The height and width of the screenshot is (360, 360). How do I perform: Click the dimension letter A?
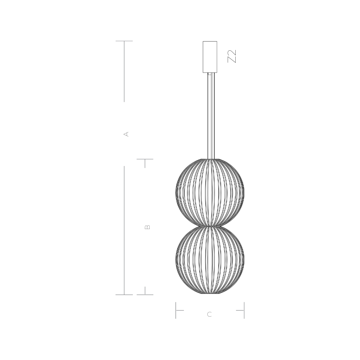[126, 134]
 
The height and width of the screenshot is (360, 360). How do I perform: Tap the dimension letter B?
[147, 227]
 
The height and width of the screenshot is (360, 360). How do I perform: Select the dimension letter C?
[209, 314]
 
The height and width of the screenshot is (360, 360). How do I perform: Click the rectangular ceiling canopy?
[210, 57]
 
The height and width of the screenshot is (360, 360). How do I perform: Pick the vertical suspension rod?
[211, 117]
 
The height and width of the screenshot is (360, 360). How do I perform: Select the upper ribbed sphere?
[210, 192]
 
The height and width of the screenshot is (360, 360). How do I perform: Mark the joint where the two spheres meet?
[210, 226]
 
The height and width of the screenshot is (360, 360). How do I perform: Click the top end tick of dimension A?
[124, 41]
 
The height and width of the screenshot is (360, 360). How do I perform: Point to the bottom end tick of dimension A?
[124, 295]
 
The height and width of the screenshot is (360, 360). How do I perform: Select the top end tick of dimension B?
[145, 159]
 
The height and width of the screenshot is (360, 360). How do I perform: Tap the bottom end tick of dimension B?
[145, 295]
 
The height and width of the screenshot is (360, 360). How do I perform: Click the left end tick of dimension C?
[176, 310]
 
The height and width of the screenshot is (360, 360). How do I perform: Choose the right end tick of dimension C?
[244, 310]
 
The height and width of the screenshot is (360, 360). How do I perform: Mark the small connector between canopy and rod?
[210, 74]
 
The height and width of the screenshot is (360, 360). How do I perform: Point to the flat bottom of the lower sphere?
[210, 294]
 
